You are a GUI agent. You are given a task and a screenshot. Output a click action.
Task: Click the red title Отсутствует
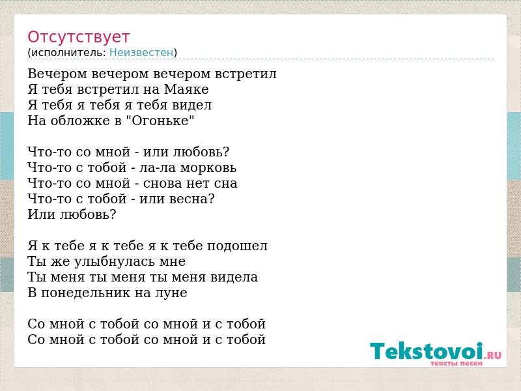tap(78, 37)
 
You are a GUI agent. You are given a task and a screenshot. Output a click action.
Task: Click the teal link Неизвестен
tap(141, 52)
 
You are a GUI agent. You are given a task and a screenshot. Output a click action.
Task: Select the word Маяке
tap(186, 89)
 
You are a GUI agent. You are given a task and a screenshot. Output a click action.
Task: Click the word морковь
tap(208, 167)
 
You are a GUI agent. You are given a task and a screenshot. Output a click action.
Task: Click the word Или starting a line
tap(42, 214)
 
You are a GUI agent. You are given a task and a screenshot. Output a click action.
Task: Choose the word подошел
tap(237, 246)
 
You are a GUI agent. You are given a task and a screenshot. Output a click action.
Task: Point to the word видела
tap(234, 277)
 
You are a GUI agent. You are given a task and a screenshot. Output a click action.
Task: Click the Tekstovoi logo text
tap(427, 351)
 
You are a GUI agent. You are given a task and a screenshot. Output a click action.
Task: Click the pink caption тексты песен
tap(457, 363)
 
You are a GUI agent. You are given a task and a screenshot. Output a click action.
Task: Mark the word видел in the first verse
tap(191, 105)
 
